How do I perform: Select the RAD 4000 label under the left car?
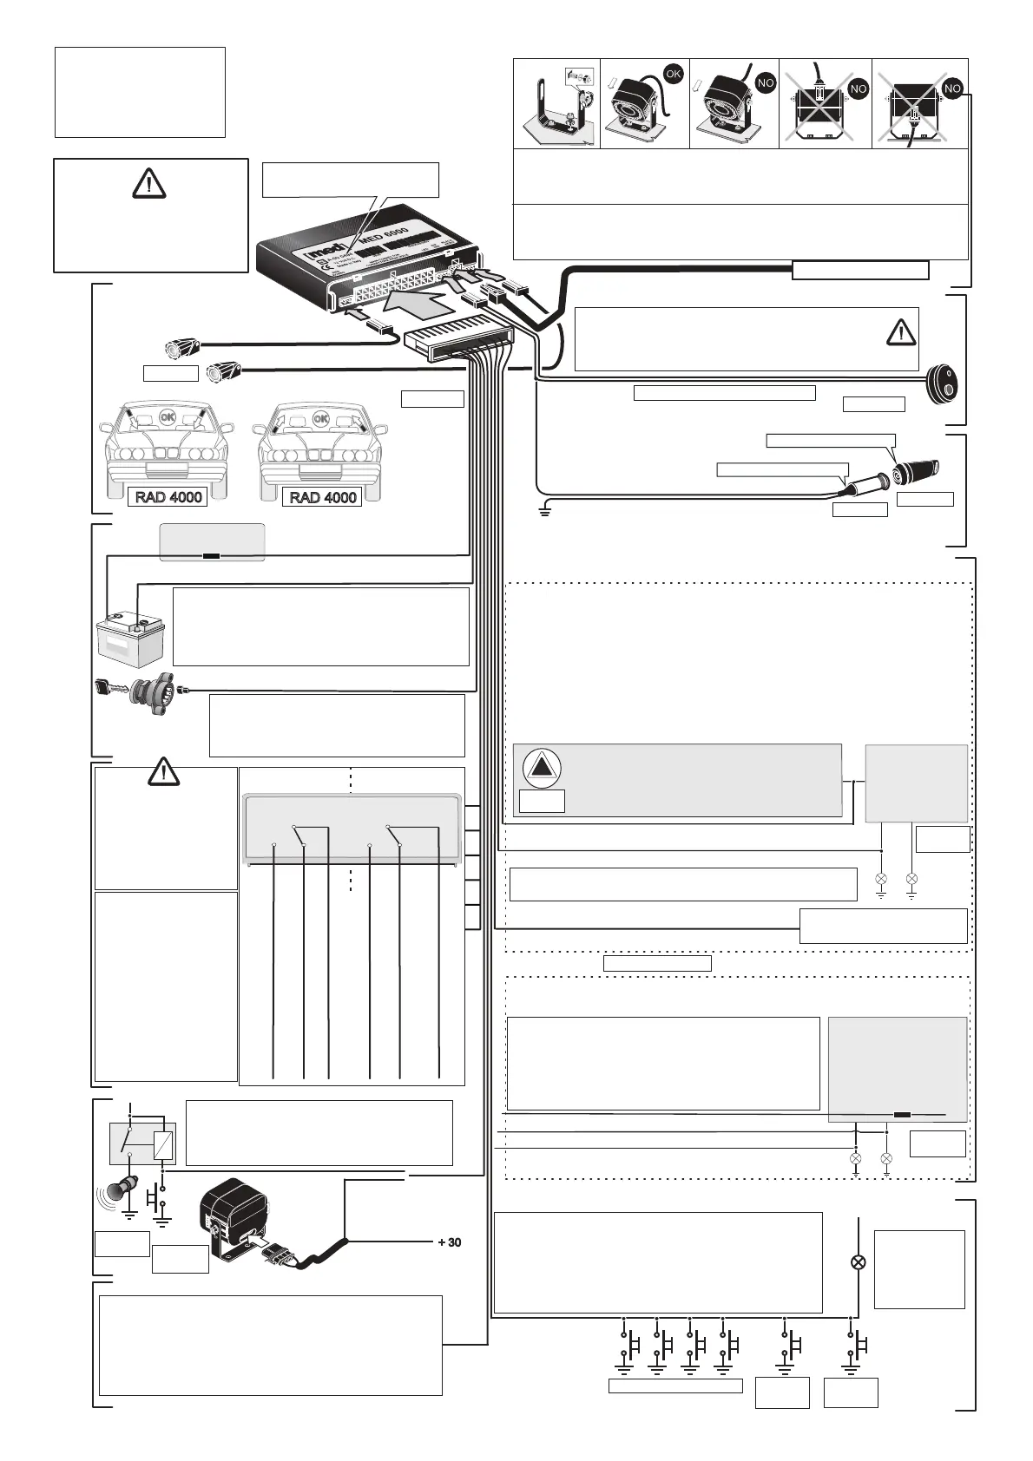[x=168, y=497]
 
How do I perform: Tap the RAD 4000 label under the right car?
[x=323, y=497]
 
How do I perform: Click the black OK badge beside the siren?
[x=673, y=74]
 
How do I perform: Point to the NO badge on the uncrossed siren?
[x=765, y=83]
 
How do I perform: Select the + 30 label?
[x=449, y=1242]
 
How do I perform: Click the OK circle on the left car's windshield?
[x=167, y=417]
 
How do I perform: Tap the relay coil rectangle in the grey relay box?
[x=162, y=1146]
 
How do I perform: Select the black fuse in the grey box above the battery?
[x=212, y=556]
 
